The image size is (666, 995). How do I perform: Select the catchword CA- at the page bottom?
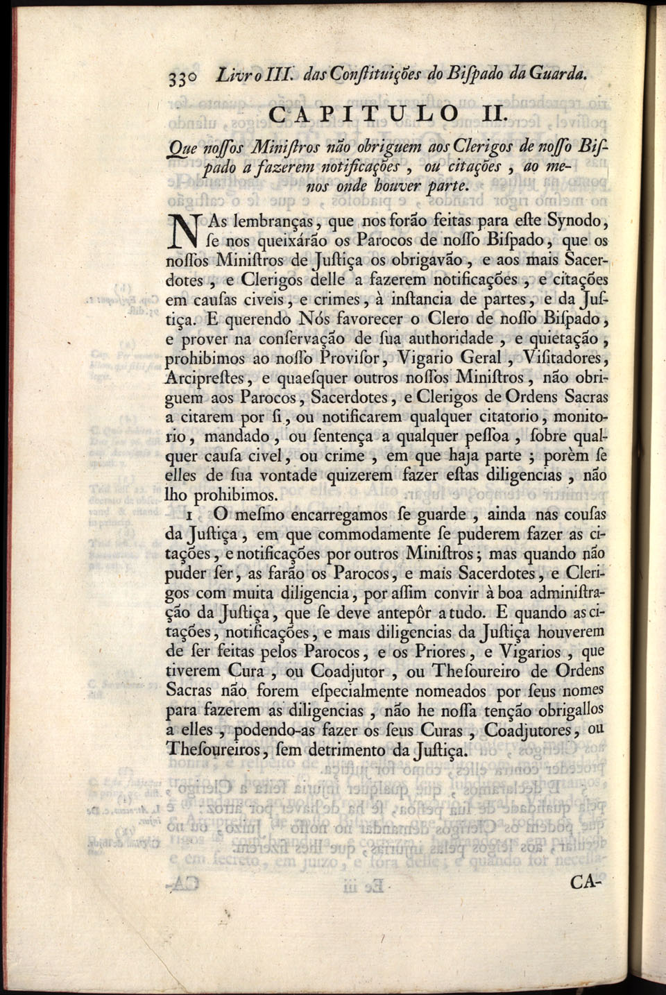(586, 883)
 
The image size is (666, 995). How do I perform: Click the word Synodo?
(577, 222)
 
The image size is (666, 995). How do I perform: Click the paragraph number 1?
(189, 516)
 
